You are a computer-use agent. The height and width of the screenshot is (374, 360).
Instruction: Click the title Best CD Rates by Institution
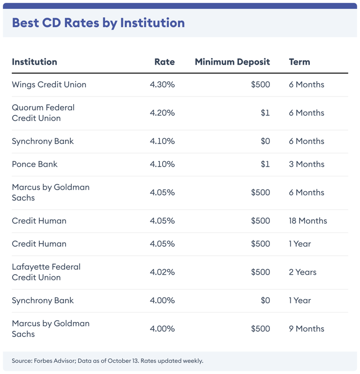tap(98, 22)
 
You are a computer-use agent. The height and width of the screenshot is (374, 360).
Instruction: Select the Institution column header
tap(34, 62)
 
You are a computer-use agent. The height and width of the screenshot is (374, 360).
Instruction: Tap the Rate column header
tap(164, 62)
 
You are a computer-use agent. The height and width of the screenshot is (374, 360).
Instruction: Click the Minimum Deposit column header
tap(232, 62)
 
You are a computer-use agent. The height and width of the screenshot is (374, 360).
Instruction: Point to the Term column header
tap(299, 62)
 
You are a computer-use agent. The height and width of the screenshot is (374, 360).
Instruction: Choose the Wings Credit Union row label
tap(49, 85)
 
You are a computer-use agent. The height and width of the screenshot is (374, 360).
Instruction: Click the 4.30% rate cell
tap(162, 85)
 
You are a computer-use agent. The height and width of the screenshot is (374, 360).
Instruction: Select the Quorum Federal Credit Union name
tap(43, 113)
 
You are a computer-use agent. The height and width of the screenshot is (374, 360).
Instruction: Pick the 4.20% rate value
tap(162, 113)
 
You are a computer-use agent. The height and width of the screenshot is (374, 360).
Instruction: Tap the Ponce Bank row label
tap(35, 164)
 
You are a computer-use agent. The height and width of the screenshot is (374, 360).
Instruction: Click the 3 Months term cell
tap(307, 164)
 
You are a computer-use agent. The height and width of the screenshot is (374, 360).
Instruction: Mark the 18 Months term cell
tap(308, 221)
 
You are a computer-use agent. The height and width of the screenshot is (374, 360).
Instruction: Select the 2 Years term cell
tap(302, 272)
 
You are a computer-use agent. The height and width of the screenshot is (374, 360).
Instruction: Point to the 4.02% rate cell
tap(162, 272)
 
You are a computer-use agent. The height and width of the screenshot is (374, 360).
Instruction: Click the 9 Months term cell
tap(307, 329)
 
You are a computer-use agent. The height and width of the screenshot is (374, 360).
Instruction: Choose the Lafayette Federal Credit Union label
tap(46, 272)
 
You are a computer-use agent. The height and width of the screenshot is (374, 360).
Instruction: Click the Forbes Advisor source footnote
tap(107, 361)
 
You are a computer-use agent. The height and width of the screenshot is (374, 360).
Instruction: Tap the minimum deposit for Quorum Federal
tap(265, 113)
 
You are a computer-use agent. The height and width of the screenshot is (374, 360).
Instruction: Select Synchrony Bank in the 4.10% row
tap(43, 141)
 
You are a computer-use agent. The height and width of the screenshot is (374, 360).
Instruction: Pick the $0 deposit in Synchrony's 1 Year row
tap(265, 300)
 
